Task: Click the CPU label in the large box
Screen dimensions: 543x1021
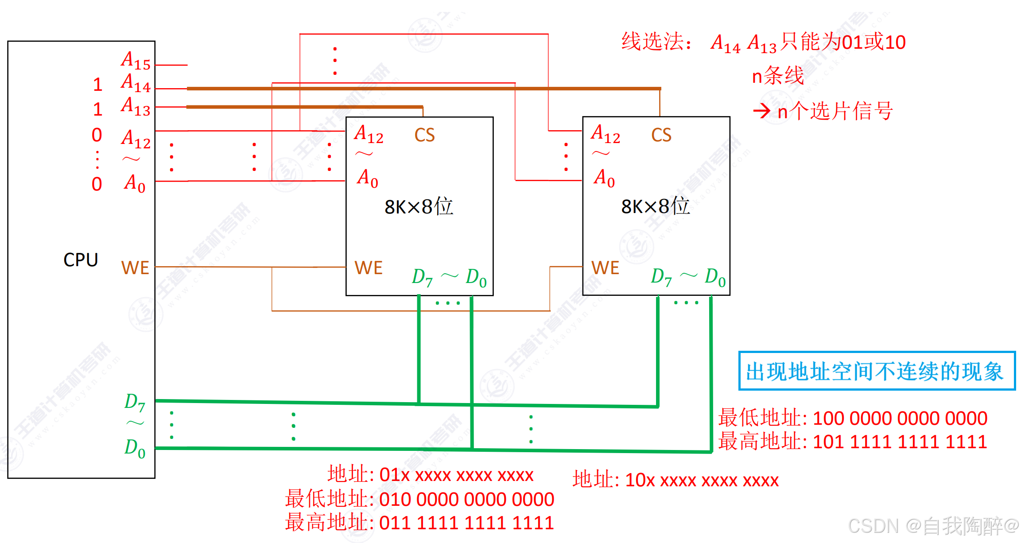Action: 81,260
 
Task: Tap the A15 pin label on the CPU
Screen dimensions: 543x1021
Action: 136,60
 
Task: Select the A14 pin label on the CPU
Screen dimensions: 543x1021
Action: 136,83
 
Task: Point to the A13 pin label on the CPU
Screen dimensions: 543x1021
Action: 136,106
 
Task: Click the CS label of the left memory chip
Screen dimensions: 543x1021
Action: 424,135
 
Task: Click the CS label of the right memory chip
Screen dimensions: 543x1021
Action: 661,135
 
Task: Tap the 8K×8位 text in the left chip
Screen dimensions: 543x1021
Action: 419,207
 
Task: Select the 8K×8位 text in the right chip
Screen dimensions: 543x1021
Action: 655,206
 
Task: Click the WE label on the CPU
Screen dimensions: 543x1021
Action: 135,268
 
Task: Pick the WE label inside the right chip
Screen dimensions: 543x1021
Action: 605,268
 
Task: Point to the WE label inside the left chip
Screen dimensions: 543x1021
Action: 368,268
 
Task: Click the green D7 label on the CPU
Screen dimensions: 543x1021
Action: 135,402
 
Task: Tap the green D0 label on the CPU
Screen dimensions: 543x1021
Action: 135,448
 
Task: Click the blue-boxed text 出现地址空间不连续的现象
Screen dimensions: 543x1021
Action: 875,371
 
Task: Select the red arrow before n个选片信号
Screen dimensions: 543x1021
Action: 762,111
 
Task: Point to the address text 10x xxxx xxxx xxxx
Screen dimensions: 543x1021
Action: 702,480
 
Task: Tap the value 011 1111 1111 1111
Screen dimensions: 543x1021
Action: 466,523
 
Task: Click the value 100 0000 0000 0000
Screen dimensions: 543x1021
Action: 900,418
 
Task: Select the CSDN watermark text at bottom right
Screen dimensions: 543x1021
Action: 932,526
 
